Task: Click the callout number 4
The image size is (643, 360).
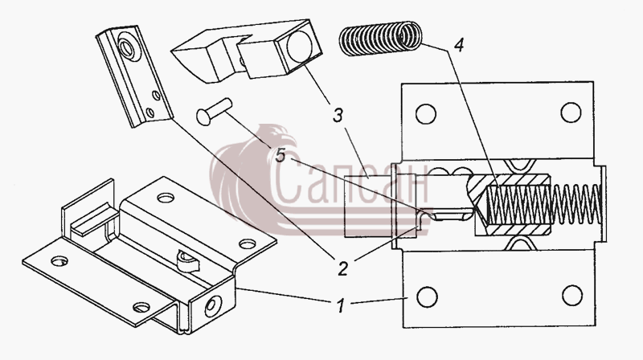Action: point(459,44)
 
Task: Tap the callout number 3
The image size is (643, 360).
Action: point(338,116)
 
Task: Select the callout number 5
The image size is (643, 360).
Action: point(280,155)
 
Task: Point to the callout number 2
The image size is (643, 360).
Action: point(343,268)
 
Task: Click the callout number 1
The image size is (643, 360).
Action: point(340,306)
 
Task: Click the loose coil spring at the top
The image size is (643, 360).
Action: point(380,38)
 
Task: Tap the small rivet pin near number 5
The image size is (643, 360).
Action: point(214,111)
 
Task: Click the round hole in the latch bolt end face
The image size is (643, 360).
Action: point(300,46)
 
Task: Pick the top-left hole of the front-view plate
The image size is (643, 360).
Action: point(426,113)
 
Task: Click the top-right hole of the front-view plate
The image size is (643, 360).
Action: point(571,112)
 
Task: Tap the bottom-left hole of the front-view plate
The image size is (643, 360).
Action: point(427,297)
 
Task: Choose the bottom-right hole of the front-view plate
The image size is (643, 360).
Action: point(572,295)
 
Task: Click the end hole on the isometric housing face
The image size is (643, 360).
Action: point(213,306)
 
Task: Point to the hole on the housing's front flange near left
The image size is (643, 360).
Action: point(59,261)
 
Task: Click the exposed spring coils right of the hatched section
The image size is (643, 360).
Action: point(575,204)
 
